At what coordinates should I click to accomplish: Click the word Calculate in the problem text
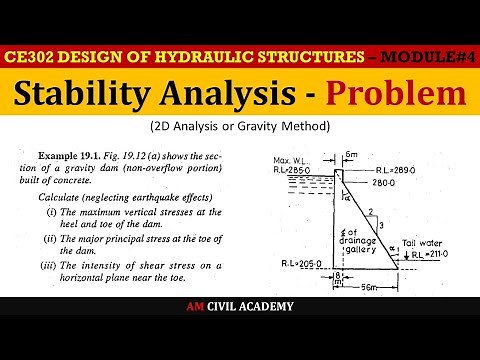58,199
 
